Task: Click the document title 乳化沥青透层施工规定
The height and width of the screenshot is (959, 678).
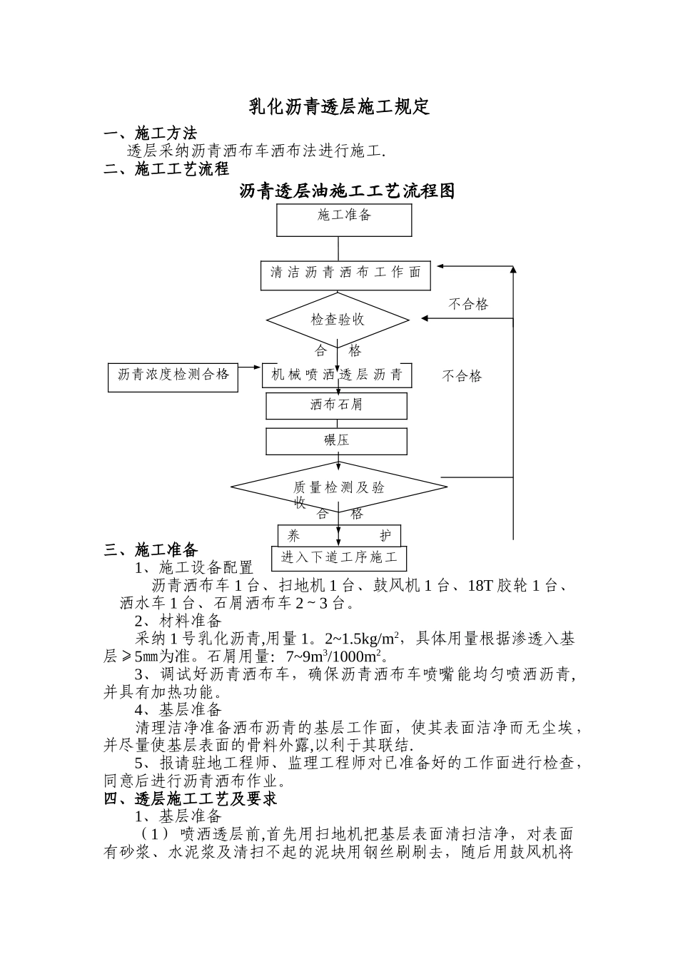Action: point(339,107)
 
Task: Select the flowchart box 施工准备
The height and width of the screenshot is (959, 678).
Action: point(344,219)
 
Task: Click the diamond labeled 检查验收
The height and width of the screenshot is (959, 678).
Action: point(338,319)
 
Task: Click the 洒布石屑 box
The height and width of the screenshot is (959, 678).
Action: point(336,405)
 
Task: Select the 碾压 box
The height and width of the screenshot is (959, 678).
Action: point(336,440)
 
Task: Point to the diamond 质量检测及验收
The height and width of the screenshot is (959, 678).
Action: point(339,488)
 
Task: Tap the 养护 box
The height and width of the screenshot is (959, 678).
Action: point(339,536)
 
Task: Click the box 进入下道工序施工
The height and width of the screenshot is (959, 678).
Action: point(339,558)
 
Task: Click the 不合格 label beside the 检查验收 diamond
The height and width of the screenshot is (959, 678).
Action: point(468,305)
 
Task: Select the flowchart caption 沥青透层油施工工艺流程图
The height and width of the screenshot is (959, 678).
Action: point(347,191)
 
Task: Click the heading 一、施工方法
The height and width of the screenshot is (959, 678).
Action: point(150,133)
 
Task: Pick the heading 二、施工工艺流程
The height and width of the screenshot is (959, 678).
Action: point(166,169)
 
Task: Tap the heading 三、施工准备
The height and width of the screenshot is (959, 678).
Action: point(151,549)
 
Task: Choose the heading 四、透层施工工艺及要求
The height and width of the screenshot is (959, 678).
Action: point(191,798)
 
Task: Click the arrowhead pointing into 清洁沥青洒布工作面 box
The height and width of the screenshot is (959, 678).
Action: point(441,267)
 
